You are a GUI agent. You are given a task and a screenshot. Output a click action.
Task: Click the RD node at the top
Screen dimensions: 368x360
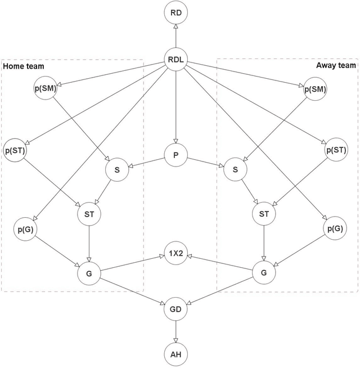point(176,12)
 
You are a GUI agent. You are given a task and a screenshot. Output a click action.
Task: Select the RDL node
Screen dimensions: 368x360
point(176,60)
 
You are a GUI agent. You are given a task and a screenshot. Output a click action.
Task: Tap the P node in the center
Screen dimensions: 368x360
point(176,155)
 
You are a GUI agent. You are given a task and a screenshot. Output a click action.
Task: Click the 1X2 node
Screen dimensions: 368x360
point(176,253)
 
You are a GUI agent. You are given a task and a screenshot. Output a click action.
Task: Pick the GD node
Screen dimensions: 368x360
point(176,308)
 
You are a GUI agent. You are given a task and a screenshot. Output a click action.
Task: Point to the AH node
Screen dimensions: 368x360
point(176,354)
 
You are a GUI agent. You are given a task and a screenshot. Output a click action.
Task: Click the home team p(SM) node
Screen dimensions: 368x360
point(45,89)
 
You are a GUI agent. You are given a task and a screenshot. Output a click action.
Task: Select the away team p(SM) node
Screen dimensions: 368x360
point(314,89)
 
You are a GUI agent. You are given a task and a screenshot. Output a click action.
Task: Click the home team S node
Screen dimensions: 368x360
point(118,169)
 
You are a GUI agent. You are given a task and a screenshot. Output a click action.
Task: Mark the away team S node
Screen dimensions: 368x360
point(235,169)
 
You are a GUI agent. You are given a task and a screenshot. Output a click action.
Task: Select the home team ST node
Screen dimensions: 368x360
point(89,214)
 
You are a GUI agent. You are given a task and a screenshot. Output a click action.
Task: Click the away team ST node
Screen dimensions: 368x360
point(264,214)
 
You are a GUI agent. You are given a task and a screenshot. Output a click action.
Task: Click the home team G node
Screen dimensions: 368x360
point(89,274)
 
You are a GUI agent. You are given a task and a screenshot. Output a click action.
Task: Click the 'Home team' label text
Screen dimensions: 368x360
point(24,66)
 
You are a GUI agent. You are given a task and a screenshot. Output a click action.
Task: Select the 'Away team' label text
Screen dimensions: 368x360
point(336,65)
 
